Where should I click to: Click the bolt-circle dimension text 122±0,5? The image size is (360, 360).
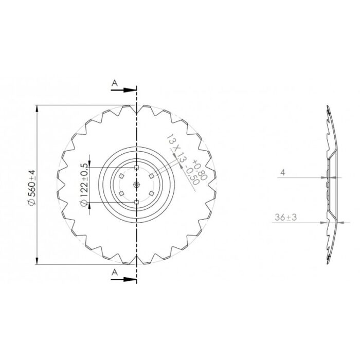click(84, 184)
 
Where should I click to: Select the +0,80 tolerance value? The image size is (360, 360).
click(199, 169)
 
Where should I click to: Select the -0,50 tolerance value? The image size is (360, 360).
click(191, 176)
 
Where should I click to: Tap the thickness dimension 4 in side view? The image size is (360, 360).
click(283, 172)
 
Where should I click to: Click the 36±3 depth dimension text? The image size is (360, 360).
click(285, 217)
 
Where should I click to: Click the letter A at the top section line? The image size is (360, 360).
click(115, 83)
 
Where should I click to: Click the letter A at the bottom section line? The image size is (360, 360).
click(115, 273)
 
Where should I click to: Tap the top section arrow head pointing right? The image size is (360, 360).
click(130, 90)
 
